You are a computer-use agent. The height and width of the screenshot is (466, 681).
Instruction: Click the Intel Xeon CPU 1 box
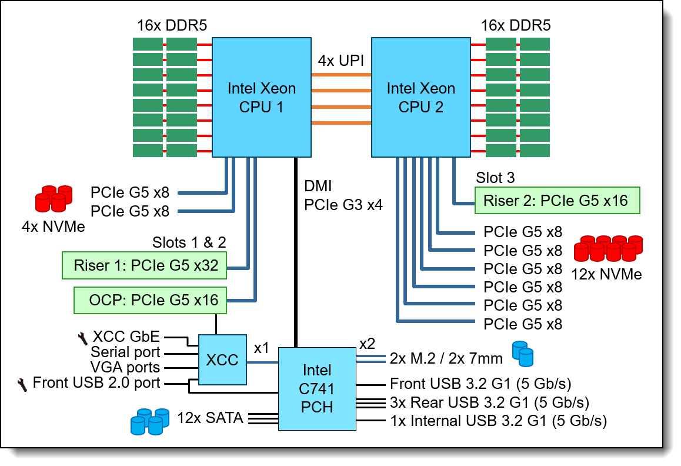coord(262,98)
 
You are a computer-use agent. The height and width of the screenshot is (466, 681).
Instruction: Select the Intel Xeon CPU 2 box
coord(420,98)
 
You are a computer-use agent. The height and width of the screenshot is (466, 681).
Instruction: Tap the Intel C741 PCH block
coord(317,388)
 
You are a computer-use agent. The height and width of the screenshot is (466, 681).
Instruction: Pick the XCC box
coord(222,360)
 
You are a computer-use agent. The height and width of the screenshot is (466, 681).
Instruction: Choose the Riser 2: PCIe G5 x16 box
coord(556,201)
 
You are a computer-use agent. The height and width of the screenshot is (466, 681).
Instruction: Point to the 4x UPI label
coord(341,61)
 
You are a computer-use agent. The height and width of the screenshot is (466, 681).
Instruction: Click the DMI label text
coord(318,187)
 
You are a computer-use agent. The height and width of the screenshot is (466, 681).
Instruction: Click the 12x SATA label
coord(211,418)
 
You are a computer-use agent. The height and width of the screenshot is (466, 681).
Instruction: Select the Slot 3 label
coord(495,178)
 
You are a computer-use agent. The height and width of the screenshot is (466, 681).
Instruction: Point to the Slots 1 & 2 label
coord(189,242)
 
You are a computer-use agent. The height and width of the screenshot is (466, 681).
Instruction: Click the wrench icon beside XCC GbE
coord(82,337)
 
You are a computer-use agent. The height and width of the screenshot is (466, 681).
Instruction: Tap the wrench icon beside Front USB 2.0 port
coord(23,384)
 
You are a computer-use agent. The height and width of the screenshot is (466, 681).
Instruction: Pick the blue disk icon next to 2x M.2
coord(522,354)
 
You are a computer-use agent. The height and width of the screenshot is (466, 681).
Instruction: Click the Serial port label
coord(125,352)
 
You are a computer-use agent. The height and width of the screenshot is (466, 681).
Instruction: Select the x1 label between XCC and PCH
coord(261,348)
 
